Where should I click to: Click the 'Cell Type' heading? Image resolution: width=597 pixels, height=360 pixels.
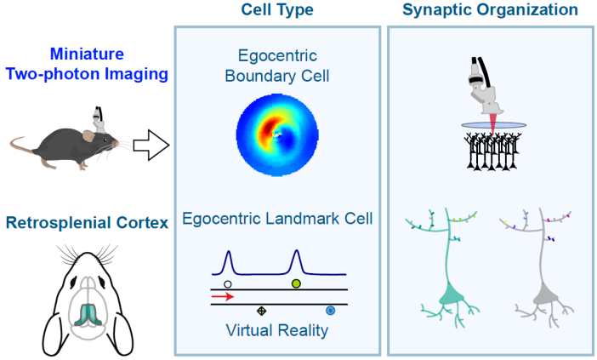coord(276,10)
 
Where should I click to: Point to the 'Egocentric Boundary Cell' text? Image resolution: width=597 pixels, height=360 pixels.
coord(276,65)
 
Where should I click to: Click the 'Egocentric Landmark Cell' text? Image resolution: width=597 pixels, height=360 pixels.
coord(276,220)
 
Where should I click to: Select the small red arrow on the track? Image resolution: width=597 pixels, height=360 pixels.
coord(223,297)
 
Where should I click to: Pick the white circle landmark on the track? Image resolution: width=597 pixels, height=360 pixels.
coord(226,283)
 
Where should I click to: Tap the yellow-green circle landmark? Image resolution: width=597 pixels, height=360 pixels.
coord(296,283)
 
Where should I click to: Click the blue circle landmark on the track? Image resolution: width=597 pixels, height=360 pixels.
coord(331,311)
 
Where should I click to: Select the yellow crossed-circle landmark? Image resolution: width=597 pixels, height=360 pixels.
coord(262,311)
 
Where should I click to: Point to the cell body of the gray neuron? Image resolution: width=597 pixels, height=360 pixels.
coord(544,296)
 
